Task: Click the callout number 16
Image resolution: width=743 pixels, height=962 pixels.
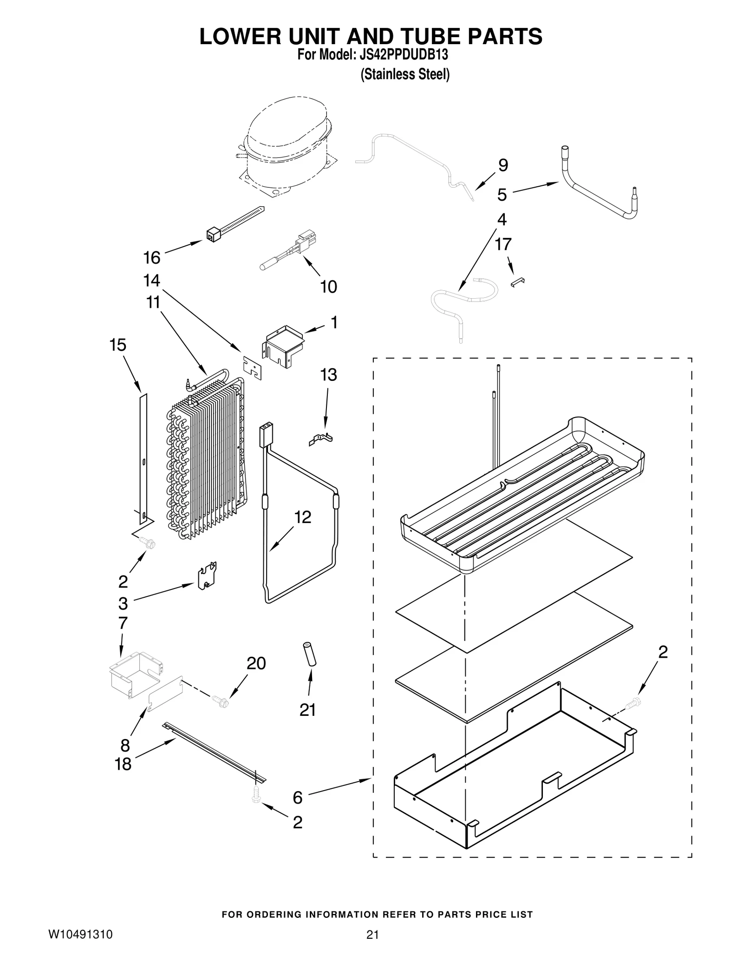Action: pos(152,257)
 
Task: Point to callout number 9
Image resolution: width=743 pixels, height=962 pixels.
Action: pos(503,165)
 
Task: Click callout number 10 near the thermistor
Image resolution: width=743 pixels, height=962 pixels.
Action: pos(328,287)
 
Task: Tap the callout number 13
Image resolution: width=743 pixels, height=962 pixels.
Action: pos(329,374)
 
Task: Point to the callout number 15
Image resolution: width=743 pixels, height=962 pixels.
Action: pos(117,345)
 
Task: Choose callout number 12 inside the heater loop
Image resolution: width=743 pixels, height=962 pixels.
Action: pos(303,517)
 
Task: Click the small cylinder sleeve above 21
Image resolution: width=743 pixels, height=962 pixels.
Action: pos(310,654)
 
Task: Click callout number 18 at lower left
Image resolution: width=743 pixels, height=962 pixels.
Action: pos(123,764)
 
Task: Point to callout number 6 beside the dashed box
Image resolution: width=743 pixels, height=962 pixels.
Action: pos(298,798)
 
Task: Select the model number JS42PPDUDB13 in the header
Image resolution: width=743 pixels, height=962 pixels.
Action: pos(404,55)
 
